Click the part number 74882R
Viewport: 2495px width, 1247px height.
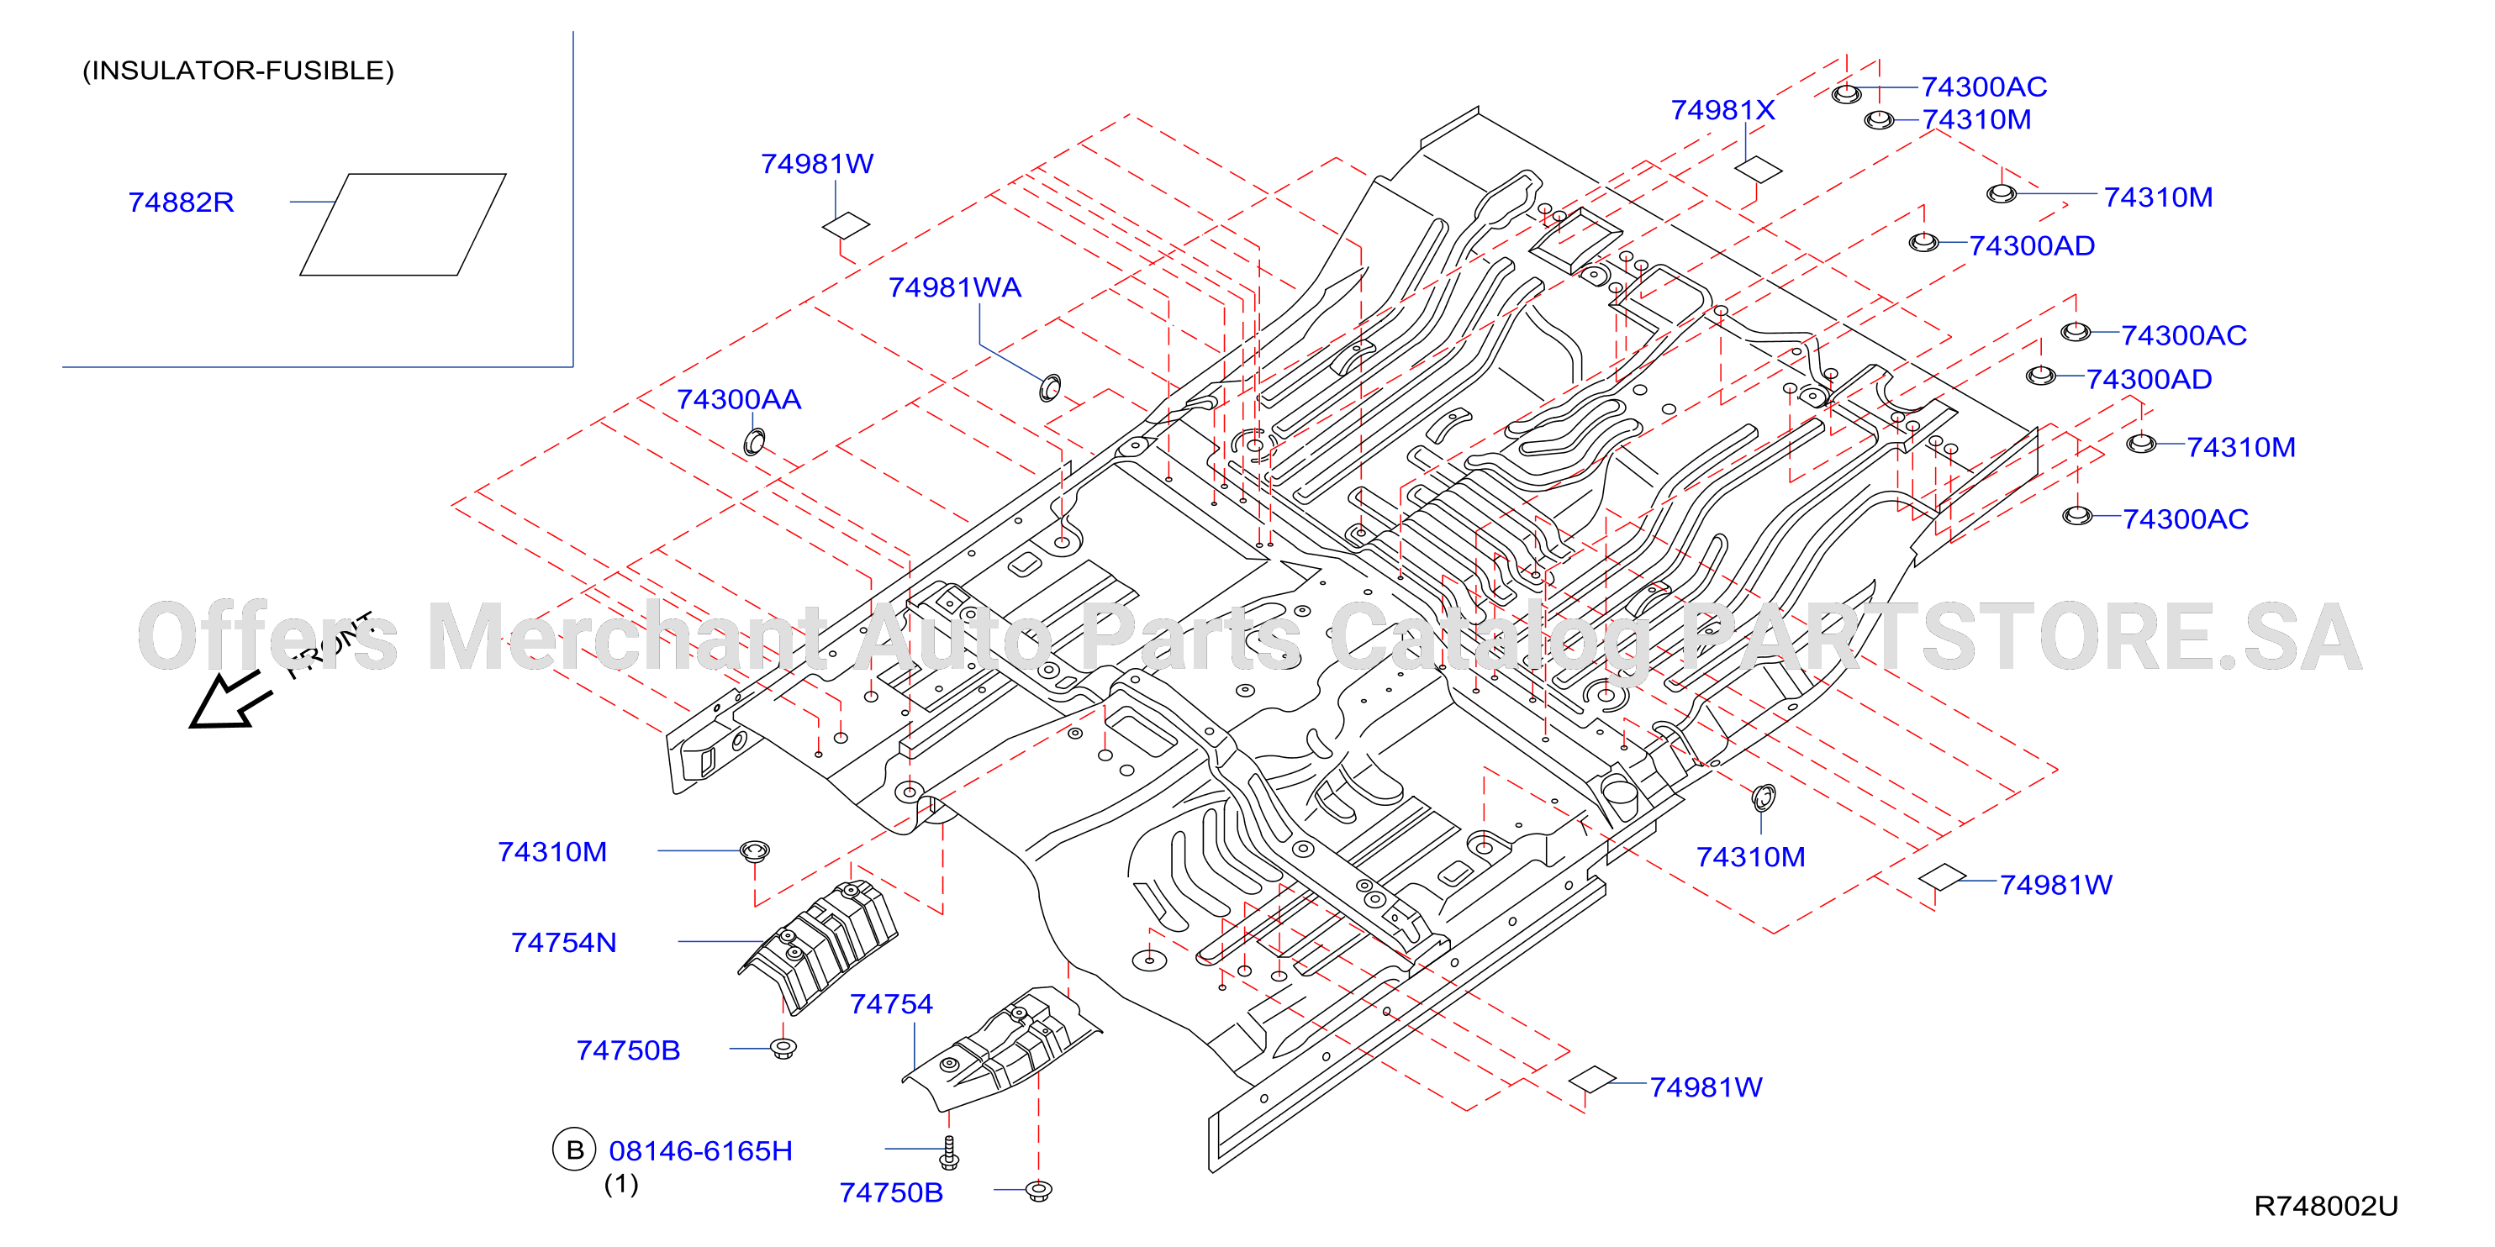click(x=181, y=203)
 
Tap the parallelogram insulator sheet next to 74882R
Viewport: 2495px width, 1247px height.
click(x=403, y=224)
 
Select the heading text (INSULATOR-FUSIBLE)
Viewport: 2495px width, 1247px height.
click(x=238, y=71)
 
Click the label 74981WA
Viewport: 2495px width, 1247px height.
click(x=954, y=287)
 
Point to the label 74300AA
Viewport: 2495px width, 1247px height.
click(x=738, y=399)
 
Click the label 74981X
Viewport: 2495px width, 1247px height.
click(x=1722, y=110)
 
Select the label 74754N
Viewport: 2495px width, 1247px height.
click(x=564, y=942)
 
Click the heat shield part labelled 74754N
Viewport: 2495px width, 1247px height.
click(x=820, y=946)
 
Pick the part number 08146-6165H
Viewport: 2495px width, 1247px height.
click(x=700, y=1150)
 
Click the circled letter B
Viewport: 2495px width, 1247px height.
click(x=574, y=1150)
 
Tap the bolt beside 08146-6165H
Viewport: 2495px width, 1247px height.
click(x=949, y=1152)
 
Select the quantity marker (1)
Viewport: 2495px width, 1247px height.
click(x=621, y=1183)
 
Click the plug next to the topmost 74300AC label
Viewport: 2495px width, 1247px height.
click(x=1846, y=93)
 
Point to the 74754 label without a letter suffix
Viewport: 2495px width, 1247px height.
click(x=891, y=1004)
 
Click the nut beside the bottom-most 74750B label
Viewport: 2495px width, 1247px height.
click(x=1038, y=1190)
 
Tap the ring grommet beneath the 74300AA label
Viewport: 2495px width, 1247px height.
click(x=753, y=443)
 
